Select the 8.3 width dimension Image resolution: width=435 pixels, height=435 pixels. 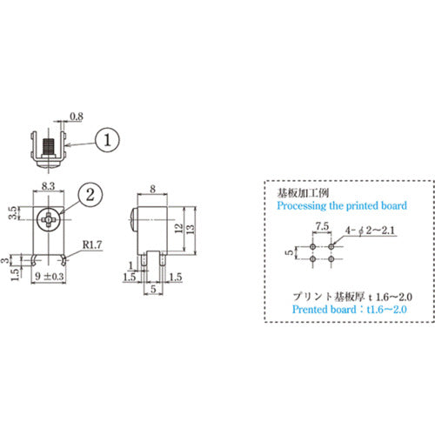click(x=49, y=187)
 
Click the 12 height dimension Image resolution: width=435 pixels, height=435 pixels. click(x=177, y=228)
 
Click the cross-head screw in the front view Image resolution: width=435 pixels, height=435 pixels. click(x=49, y=219)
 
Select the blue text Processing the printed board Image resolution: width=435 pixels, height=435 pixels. click(x=341, y=206)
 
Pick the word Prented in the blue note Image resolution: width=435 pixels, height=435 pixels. click(x=314, y=309)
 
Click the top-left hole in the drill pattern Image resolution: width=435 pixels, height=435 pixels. click(x=312, y=245)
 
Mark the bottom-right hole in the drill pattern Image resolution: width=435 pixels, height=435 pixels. click(x=331, y=258)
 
